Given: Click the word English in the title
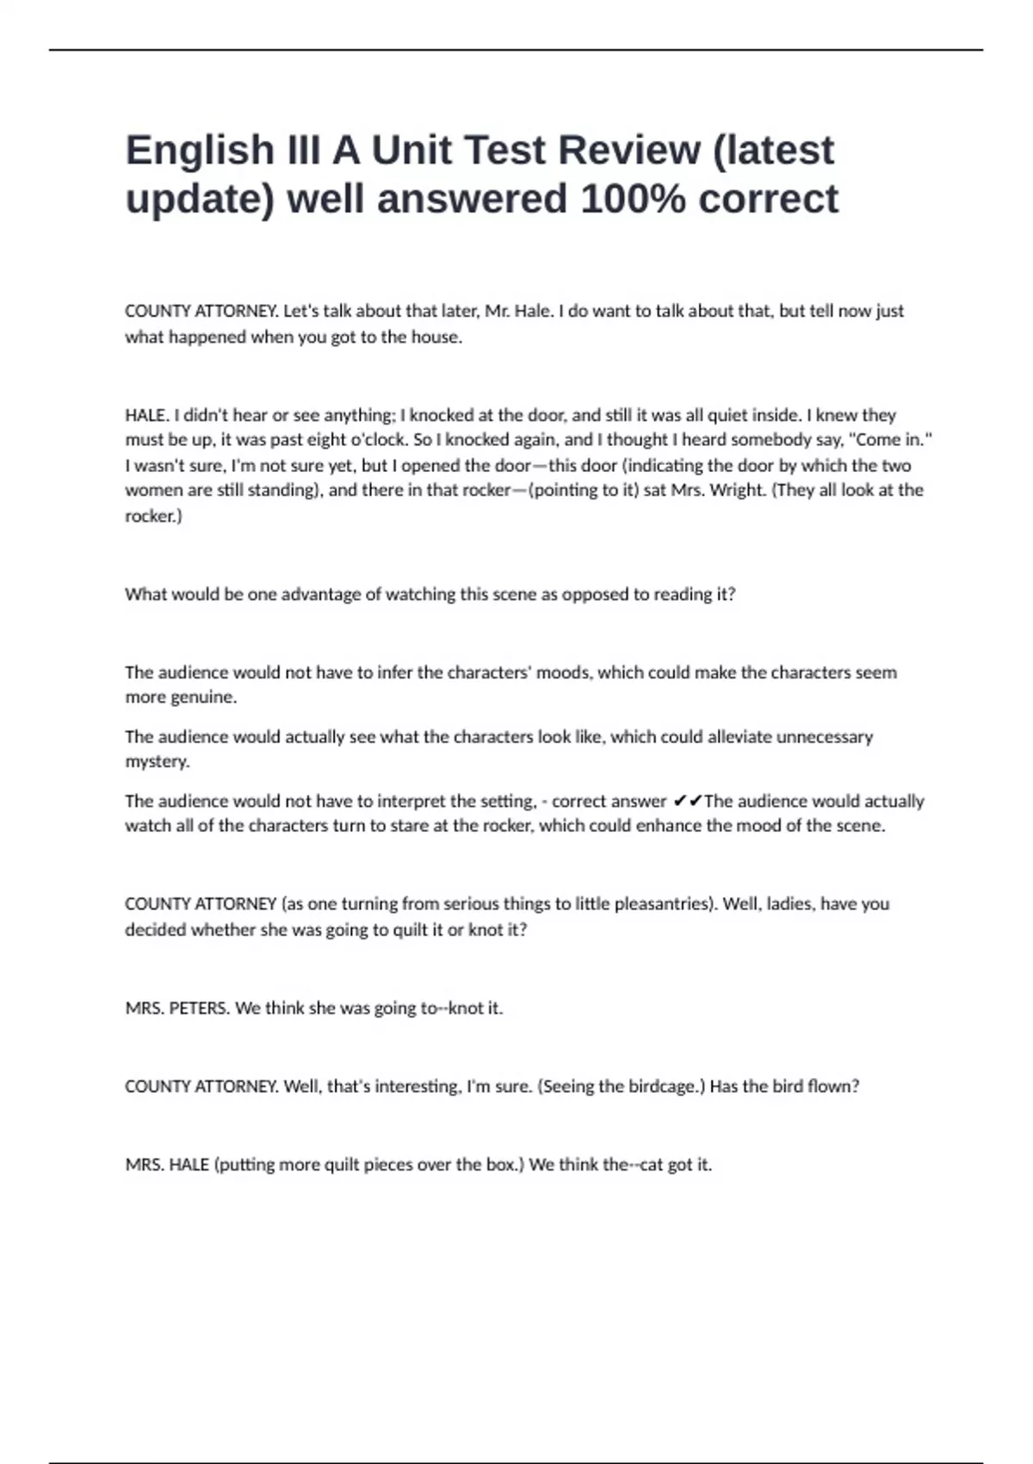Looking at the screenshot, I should (200, 151).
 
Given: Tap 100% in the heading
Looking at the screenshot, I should (633, 199).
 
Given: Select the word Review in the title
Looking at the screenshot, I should (628, 151).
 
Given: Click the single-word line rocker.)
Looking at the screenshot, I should (153, 516).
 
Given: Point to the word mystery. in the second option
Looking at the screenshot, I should (157, 761).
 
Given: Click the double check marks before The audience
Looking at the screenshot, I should (687, 802).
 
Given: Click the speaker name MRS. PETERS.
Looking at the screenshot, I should (177, 1008).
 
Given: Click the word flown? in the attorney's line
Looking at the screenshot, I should (834, 1087).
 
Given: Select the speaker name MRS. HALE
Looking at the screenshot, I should (167, 1165).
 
